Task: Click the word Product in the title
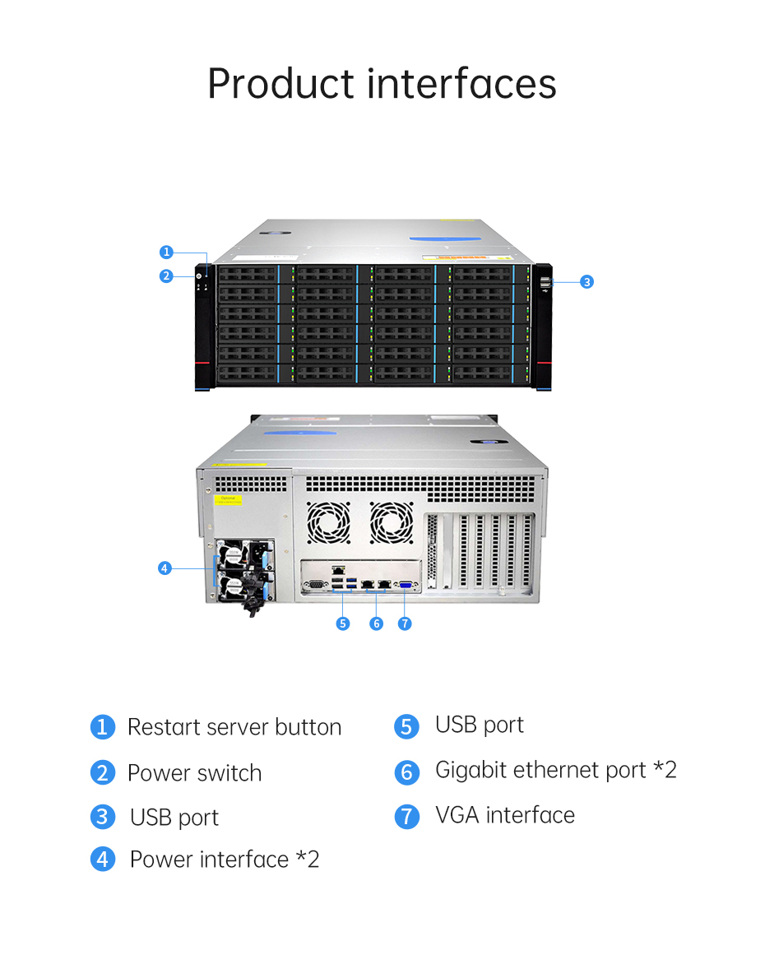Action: coord(280,85)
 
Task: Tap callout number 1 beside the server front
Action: coord(166,252)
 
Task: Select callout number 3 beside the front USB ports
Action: coord(586,282)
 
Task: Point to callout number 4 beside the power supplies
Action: coord(165,568)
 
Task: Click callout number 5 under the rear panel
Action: coord(343,623)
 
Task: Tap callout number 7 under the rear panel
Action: coord(404,623)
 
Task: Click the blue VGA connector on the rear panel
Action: coord(406,585)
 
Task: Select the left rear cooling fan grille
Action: coord(328,523)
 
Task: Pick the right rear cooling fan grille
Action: coord(391,523)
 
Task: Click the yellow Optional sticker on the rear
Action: coord(227,500)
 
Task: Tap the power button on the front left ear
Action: coord(200,275)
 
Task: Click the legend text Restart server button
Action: coord(234,727)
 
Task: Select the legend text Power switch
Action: coord(194,773)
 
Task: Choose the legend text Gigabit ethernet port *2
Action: coord(555,770)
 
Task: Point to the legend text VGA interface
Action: coord(505,815)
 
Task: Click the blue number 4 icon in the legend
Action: coord(102,860)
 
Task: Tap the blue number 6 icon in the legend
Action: coord(407,772)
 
